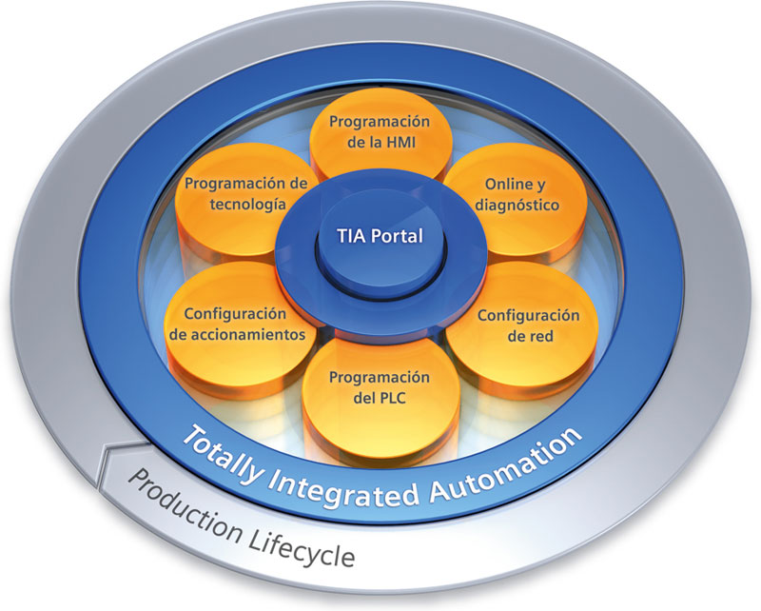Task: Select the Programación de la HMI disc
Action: (x=379, y=138)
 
